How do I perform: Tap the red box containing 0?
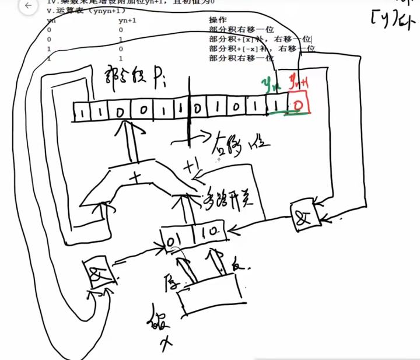(x=298, y=105)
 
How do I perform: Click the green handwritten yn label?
(x=270, y=85)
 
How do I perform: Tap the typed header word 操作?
(x=218, y=20)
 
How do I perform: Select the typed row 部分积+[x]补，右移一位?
(x=261, y=39)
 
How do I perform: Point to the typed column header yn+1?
(x=127, y=20)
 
